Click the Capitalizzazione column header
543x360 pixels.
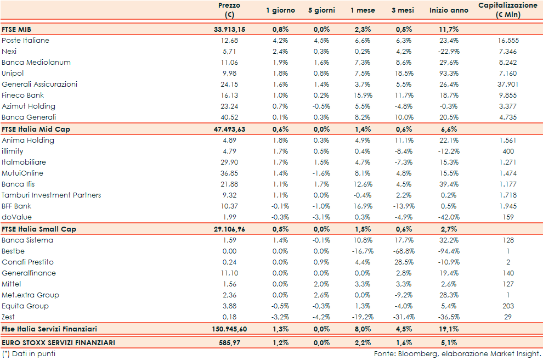pyautogui.click(x=507, y=10)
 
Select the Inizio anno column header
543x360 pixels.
pyautogui.click(x=449, y=10)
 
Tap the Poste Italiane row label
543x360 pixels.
pyautogui.click(x=25, y=41)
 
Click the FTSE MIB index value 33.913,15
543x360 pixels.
pyautogui.click(x=229, y=29)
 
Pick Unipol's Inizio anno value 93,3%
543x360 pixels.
pyautogui.click(x=449, y=74)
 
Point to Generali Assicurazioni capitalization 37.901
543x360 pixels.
pyautogui.click(x=507, y=85)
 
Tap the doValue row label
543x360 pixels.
pyautogui.click(x=16, y=217)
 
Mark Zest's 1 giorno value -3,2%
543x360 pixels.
pyautogui.click(x=280, y=317)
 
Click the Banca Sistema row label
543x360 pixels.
pyautogui.click(x=27, y=240)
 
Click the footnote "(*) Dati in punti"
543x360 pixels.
pyautogui.click(x=29, y=354)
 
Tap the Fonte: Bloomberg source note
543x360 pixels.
pyautogui.click(x=457, y=354)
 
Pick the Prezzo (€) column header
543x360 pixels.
pyautogui.click(x=229, y=10)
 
